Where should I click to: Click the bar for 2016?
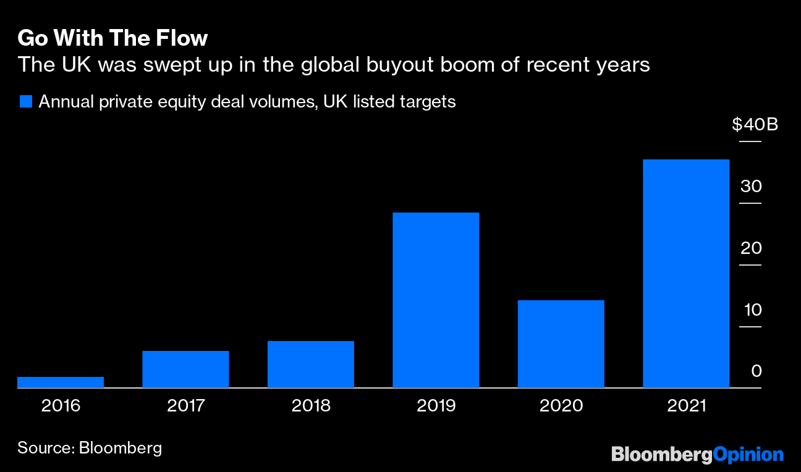(61, 382)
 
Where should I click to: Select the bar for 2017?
(185, 369)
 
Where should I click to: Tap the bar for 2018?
(311, 365)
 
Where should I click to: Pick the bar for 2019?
(436, 300)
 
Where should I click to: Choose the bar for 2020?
(561, 344)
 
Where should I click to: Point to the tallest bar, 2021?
(686, 274)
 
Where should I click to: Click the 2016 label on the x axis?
(61, 406)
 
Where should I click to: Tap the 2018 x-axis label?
(311, 406)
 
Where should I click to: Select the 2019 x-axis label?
(436, 406)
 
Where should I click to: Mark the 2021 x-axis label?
(686, 406)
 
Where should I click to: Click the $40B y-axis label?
(755, 125)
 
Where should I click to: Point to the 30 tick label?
(752, 187)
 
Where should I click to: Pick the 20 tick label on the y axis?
(752, 248)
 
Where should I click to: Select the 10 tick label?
(752, 310)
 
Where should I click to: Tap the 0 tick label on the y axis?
(756, 372)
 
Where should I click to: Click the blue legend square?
(25, 101)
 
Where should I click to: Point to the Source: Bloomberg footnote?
(90, 447)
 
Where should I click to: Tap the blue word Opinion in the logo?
(748, 455)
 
